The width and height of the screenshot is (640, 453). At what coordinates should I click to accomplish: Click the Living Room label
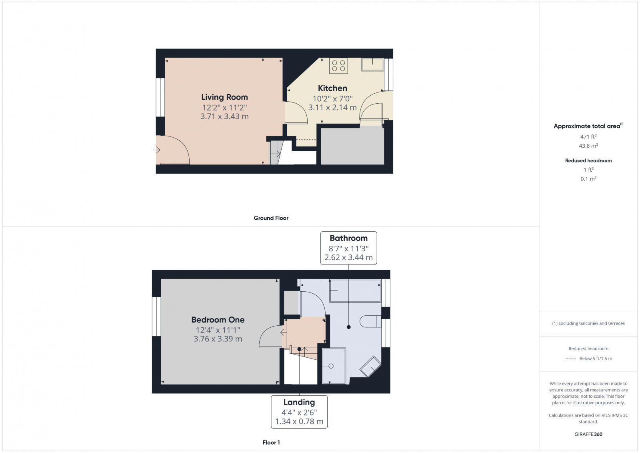[x=224, y=97]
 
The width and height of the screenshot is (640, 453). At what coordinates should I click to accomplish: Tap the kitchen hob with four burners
[x=338, y=66]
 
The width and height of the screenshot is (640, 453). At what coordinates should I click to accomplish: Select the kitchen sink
[x=372, y=64]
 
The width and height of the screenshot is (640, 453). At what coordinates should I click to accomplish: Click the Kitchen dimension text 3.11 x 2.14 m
[x=332, y=108]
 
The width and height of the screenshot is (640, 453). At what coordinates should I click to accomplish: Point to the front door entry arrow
[x=156, y=150]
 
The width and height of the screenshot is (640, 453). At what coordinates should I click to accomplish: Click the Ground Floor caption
[x=271, y=218]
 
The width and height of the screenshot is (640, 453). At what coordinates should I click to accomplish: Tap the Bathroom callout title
[x=348, y=238]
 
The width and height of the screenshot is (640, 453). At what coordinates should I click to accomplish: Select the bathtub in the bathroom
[x=355, y=291]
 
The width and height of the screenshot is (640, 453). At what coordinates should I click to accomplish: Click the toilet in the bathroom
[x=370, y=321]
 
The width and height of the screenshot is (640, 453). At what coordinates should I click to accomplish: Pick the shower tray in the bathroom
[x=334, y=366]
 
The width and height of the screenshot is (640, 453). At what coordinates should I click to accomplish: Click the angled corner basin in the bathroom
[x=370, y=366]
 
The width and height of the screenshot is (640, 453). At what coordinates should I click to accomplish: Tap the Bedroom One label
[x=218, y=320]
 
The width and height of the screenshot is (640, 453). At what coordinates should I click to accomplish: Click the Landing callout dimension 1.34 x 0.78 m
[x=299, y=421]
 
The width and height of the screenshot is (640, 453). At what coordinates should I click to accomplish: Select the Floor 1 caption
[x=271, y=443]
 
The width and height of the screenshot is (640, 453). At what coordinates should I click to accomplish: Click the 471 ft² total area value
[x=588, y=137]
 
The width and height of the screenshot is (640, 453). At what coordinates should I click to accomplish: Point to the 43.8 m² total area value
[x=588, y=146]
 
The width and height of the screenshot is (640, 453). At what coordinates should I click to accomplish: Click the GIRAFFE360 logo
[x=588, y=434]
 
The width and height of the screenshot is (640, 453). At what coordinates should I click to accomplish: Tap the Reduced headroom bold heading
[x=588, y=160]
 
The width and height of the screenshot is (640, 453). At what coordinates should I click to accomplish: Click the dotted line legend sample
[x=570, y=359]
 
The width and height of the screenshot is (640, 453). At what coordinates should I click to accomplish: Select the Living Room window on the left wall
[x=160, y=97]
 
